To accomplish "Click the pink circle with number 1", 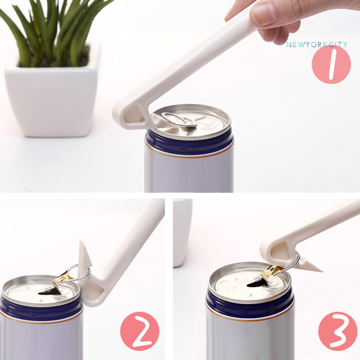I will [331, 64].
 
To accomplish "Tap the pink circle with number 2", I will [140, 331].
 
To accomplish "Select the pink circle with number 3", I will [338, 331].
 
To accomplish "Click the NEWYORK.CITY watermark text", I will [316, 45].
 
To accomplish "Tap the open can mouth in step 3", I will [257, 284].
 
